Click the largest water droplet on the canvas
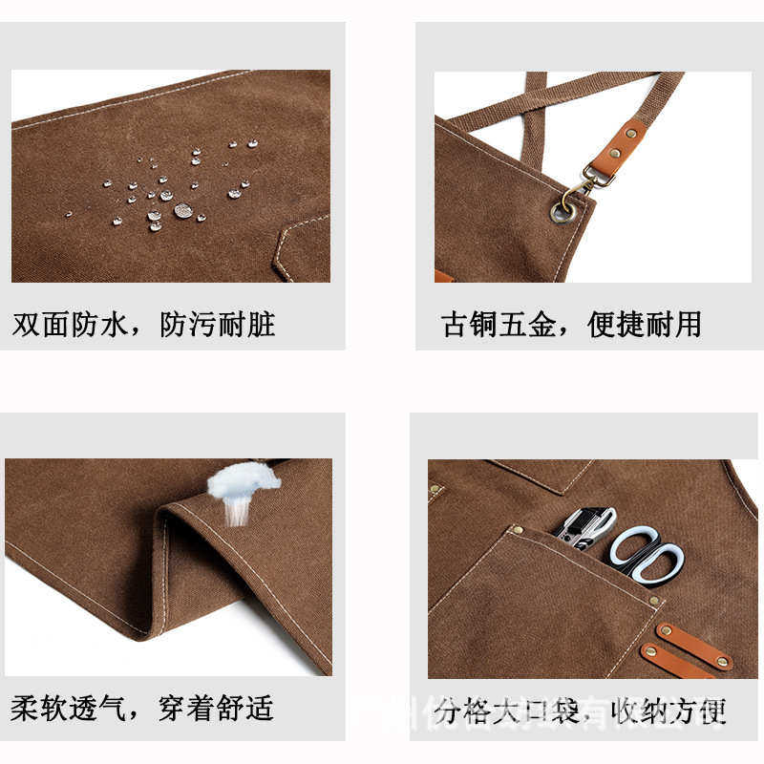(182, 210)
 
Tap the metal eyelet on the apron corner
(561, 211)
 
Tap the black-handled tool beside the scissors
(581, 527)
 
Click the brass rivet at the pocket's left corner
(517, 529)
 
